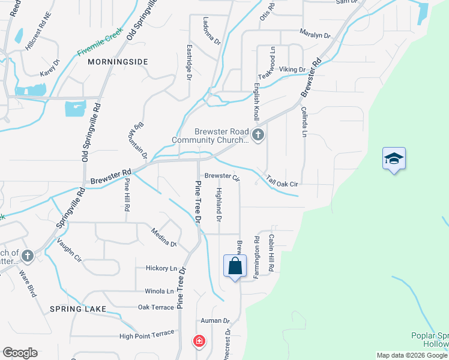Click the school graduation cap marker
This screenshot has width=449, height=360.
394,158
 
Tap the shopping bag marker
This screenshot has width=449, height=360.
235,266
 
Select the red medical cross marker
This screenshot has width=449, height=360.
199,341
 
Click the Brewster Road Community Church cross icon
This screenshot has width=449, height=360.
258,134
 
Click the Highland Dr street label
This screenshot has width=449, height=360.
219,203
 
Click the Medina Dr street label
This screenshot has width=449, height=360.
163,237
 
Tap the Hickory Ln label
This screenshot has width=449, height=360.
161,268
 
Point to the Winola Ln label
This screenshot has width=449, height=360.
159,291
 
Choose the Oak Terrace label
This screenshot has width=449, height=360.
155,307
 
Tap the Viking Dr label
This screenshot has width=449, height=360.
292,70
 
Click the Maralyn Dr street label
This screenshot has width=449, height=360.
315,35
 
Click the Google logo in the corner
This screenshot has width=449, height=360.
20,353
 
